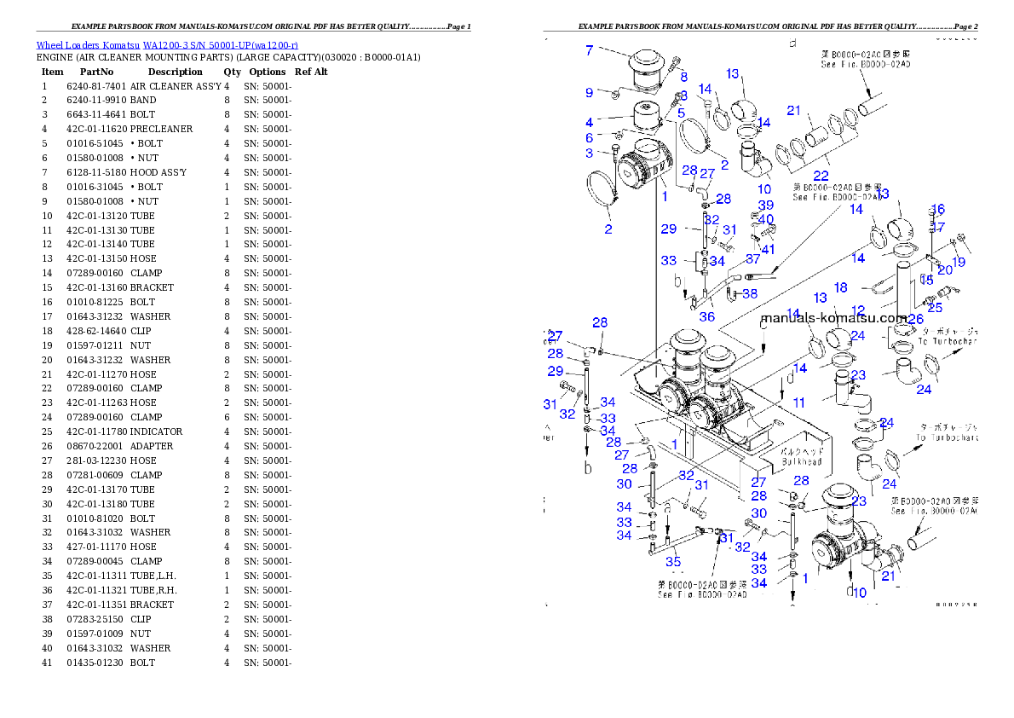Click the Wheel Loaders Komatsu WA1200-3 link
[167, 45]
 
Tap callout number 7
[589, 50]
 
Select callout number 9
[589, 92]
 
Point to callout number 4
[589, 122]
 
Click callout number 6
[589, 138]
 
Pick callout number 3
[589, 153]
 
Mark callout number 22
[821, 176]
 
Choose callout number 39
[766, 206]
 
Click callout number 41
[769, 249]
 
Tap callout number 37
[752, 258]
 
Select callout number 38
[750, 293]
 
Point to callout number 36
[707, 316]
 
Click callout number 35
[673, 562]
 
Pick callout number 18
[840, 288]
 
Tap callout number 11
[798, 402]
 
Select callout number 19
[959, 262]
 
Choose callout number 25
[935, 307]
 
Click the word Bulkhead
[801, 461]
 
